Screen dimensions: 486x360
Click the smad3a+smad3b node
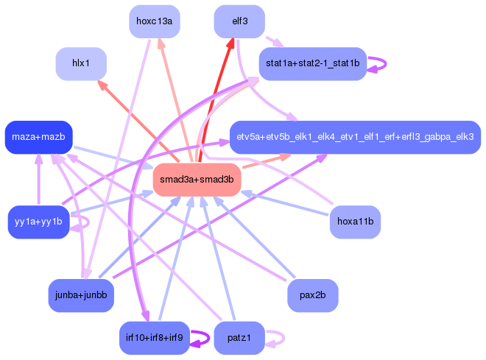(x=197, y=180)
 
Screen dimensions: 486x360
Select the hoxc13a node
(x=155, y=21)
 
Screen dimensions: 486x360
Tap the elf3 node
(x=239, y=21)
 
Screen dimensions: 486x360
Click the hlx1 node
(x=81, y=64)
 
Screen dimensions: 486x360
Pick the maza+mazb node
(x=39, y=137)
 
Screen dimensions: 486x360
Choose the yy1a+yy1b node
(x=39, y=222)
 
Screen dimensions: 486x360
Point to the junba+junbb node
(x=81, y=295)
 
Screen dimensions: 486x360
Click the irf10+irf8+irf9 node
(x=155, y=338)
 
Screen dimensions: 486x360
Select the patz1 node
(x=239, y=338)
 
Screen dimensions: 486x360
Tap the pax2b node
(x=313, y=295)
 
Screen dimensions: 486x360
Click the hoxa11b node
(x=355, y=222)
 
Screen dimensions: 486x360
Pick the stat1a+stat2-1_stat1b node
(x=313, y=64)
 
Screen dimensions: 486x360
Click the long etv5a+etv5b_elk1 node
(x=355, y=137)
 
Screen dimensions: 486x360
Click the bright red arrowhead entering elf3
(x=231, y=43)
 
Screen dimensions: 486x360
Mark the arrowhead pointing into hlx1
(x=102, y=85)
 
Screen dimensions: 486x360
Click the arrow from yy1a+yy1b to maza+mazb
(x=39, y=180)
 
